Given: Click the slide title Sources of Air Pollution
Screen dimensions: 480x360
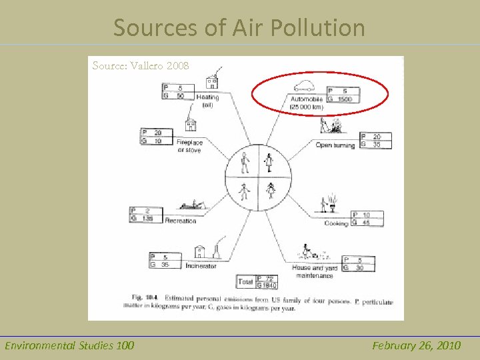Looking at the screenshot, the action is click(x=239, y=27).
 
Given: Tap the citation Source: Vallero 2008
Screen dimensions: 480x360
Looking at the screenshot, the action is click(x=141, y=65).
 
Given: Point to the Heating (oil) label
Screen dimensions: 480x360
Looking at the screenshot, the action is click(x=207, y=101).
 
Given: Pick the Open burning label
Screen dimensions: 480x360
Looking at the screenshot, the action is click(x=335, y=145).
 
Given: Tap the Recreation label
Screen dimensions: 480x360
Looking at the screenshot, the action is click(x=181, y=221).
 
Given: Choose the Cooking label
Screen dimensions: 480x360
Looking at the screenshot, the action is click(x=336, y=223).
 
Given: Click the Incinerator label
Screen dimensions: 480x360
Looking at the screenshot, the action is click(x=201, y=265).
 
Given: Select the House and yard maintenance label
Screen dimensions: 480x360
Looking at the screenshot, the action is click(x=314, y=271).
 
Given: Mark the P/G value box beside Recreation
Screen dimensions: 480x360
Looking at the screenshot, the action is click(x=146, y=215).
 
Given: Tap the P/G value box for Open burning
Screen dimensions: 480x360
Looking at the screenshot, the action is click(x=375, y=140).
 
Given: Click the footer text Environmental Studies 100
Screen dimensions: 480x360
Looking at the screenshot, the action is click(x=69, y=345).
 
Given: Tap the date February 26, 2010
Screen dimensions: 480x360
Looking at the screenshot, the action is click(x=416, y=345).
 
